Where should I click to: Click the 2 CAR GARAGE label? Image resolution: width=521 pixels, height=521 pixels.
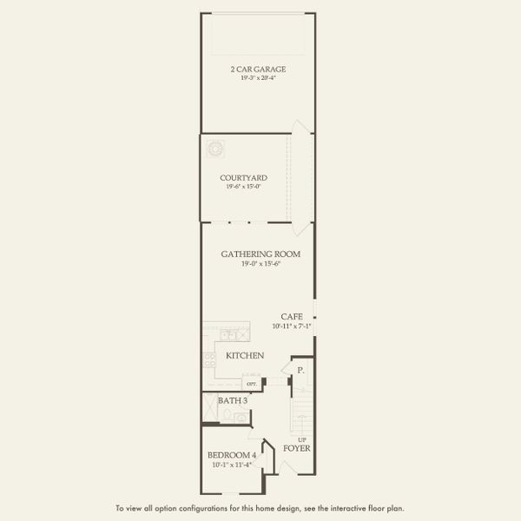click(258, 69)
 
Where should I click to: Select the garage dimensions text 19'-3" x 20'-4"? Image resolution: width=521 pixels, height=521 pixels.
click(258, 78)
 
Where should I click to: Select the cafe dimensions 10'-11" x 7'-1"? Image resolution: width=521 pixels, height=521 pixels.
click(292, 326)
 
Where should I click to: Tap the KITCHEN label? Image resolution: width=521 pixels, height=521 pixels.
click(245, 356)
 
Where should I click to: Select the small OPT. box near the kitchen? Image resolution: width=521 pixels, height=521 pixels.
click(252, 383)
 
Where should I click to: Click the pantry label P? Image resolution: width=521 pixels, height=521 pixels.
click(300, 370)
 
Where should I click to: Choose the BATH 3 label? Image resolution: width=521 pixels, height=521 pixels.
click(233, 400)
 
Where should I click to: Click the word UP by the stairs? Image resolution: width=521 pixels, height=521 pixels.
click(302, 439)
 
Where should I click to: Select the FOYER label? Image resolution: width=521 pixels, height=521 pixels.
click(297, 449)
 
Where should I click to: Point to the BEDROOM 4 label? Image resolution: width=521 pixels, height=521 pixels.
click(231, 455)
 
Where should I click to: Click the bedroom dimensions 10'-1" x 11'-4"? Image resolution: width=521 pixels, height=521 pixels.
click(231, 465)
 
